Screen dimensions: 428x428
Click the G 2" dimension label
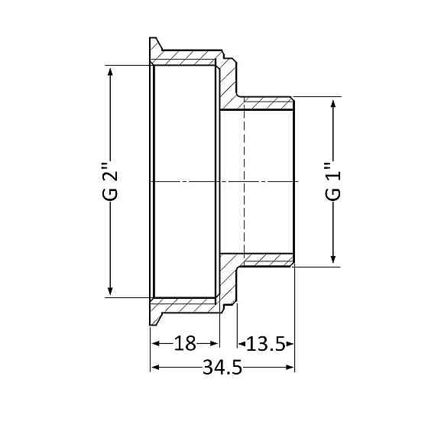112,181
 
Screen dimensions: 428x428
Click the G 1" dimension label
333,181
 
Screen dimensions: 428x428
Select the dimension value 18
185,343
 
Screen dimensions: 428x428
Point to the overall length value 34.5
222,368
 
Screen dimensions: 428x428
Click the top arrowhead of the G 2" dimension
112,71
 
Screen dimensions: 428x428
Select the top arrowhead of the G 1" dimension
333,102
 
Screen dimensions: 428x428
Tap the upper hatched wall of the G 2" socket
187,58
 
